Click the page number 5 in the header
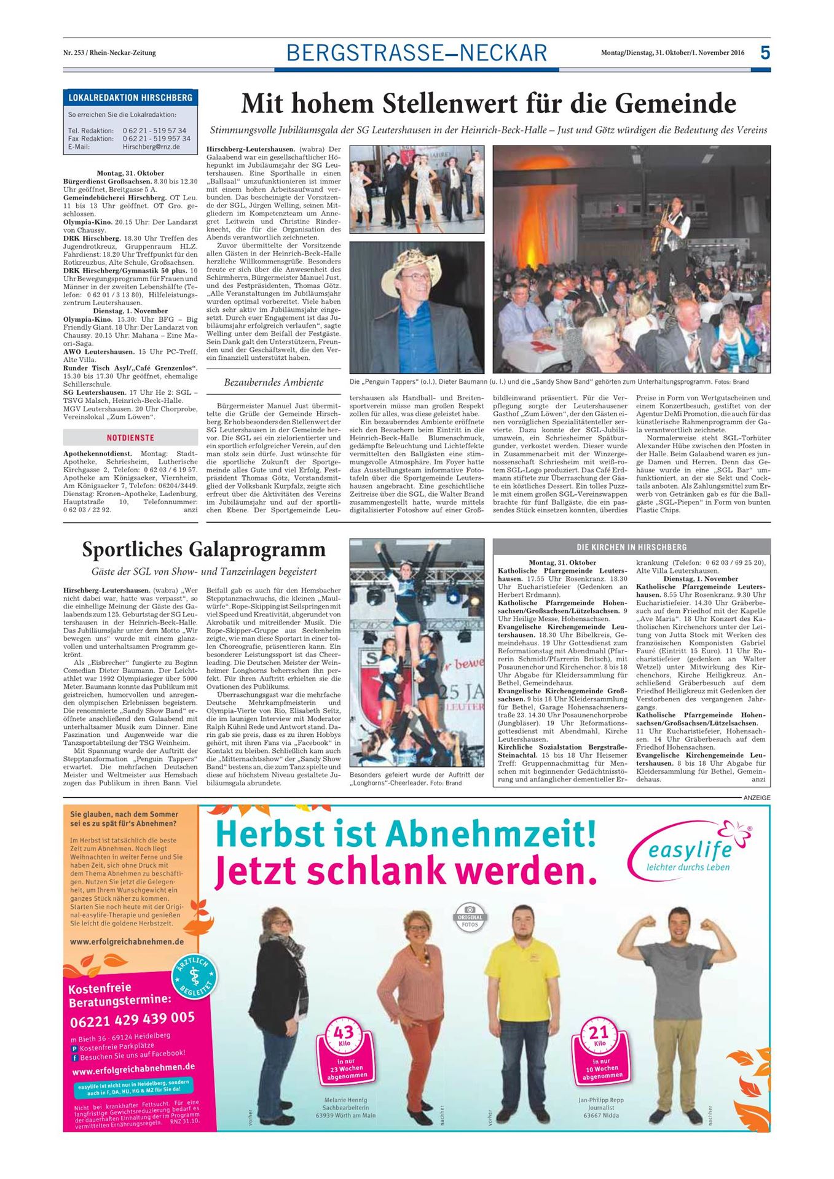click(x=765, y=53)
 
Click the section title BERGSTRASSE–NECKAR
click(x=417, y=53)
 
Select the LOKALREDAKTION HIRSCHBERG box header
click(x=130, y=98)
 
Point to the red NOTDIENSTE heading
click(x=130, y=438)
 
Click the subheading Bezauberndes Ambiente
click(x=273, y=382)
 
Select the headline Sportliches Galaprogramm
click(x=204, y=548)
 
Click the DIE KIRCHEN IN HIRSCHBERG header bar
click(x=631, y=547)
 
